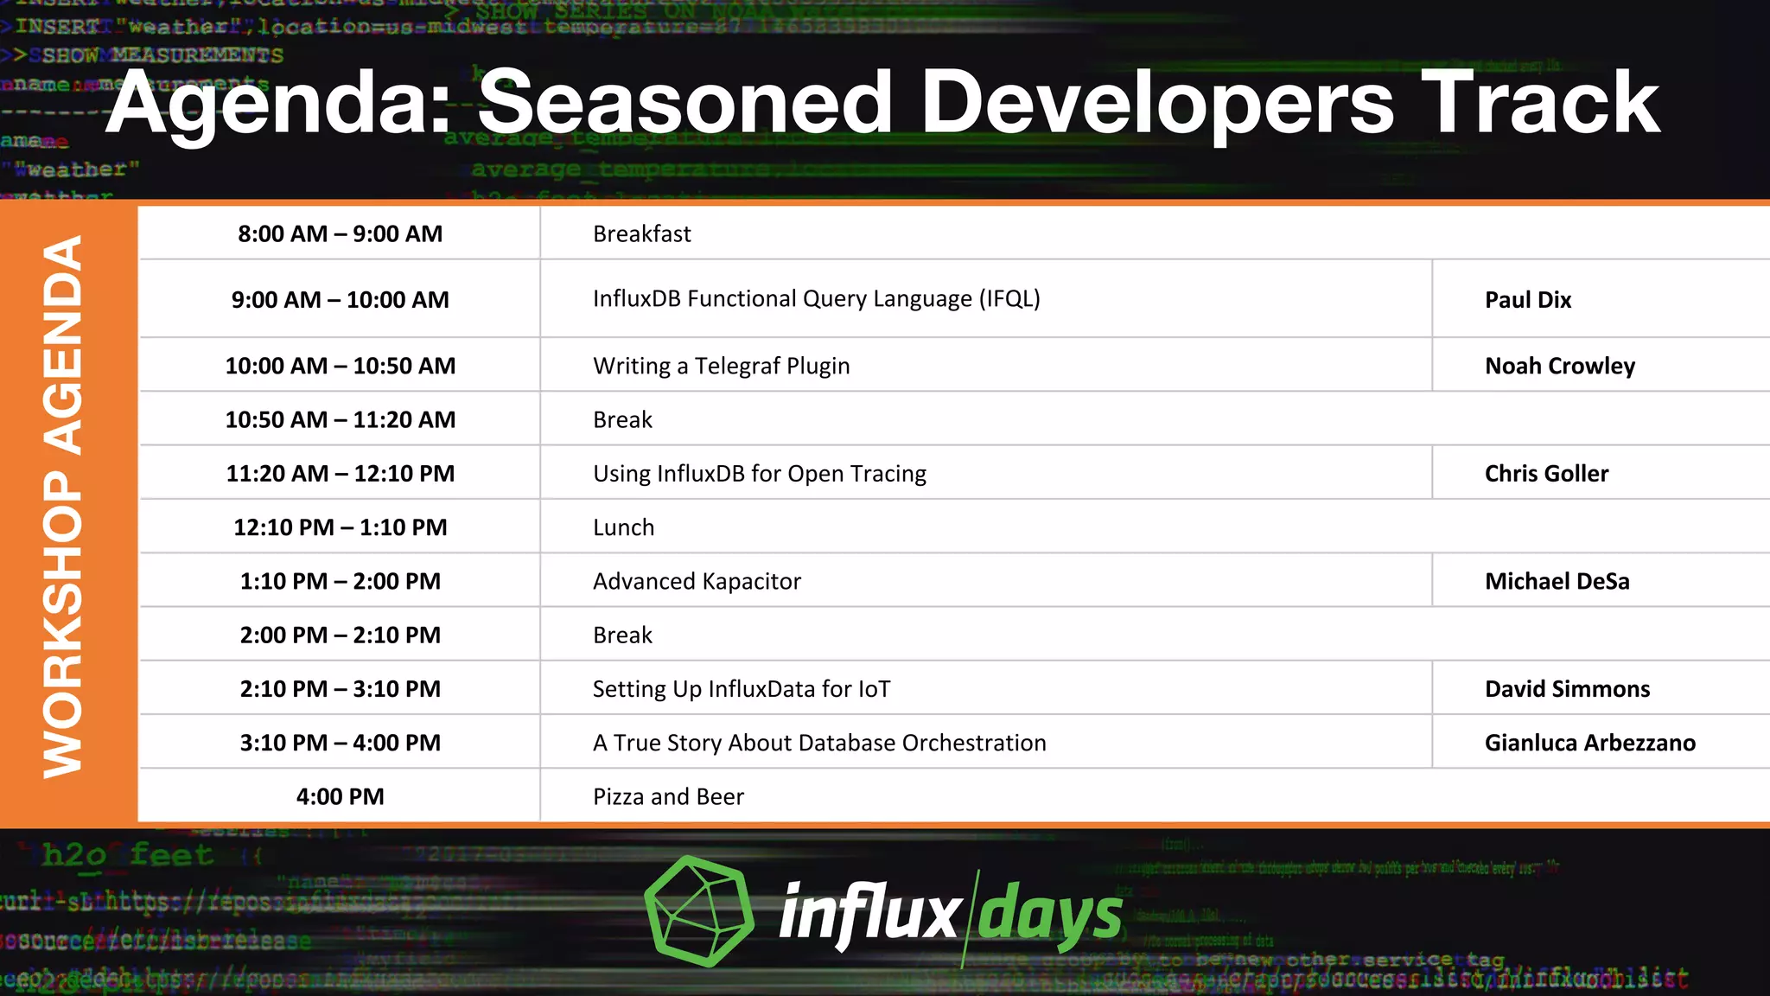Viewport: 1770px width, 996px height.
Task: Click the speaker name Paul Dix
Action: point(1527,300)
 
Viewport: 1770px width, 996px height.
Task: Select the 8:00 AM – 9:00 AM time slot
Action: point(340,234)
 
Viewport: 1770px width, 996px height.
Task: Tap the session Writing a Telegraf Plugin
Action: point(721,367)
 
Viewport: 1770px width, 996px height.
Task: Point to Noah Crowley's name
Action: point(1559,367)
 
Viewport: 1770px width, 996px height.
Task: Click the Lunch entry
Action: point(623,527)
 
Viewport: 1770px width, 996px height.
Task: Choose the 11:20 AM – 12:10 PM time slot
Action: point(340,474)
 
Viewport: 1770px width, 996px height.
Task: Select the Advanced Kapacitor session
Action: point(697,582)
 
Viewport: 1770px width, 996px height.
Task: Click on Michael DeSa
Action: point(1557,582)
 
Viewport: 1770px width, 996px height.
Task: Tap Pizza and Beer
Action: point(668,797)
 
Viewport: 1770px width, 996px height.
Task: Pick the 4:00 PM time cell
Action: point(340,797)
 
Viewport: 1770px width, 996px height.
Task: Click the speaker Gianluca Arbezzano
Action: point(1589,744)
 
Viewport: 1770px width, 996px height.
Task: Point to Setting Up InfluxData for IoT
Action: point(741,689)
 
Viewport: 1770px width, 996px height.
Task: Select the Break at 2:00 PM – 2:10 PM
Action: point(622,635)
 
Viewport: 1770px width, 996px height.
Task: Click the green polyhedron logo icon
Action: point(699,911)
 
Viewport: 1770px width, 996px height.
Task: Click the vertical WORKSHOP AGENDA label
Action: point(63,508)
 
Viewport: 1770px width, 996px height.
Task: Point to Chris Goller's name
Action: point(1546,474)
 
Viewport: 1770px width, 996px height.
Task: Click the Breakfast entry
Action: point(641,234)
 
